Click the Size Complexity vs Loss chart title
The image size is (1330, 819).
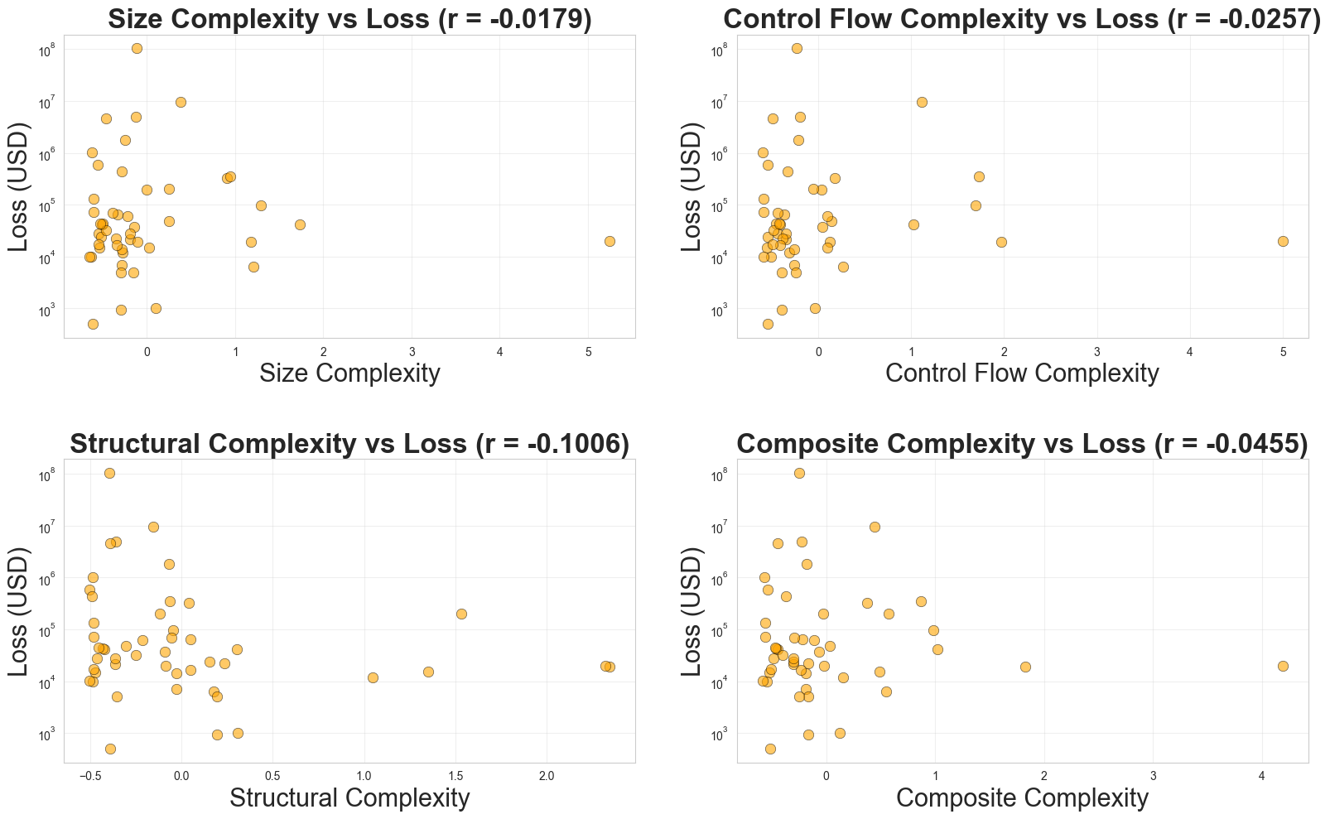click(x=349, y=19)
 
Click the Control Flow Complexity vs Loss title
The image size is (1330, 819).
click(x=1022, y=19)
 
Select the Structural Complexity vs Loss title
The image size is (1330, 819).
click(x=349, y=444)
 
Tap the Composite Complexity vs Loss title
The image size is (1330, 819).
click(x=1022, y=444)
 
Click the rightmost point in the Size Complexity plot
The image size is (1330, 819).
click(x=610, y=241)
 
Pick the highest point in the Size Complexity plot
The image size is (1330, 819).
click(x=137, y=48)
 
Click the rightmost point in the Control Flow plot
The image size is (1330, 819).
click(x=1283, y=241)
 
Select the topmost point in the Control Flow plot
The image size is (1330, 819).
click(x=797, y=48)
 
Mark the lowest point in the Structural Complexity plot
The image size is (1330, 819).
click(x=110, y=749)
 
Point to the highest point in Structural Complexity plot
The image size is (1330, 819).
click(x=109, y=473)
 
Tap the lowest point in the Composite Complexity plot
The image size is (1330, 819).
click(x=770, y=749)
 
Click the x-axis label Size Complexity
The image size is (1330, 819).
click(x=349, y=373)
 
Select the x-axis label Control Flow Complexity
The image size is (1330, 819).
click(x=1022, y=373)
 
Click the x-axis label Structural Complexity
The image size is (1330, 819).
click(x=349, y=798)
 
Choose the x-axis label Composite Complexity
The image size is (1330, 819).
click(x=1022, y=798)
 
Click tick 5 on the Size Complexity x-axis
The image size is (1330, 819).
click(x=588, y=351)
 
